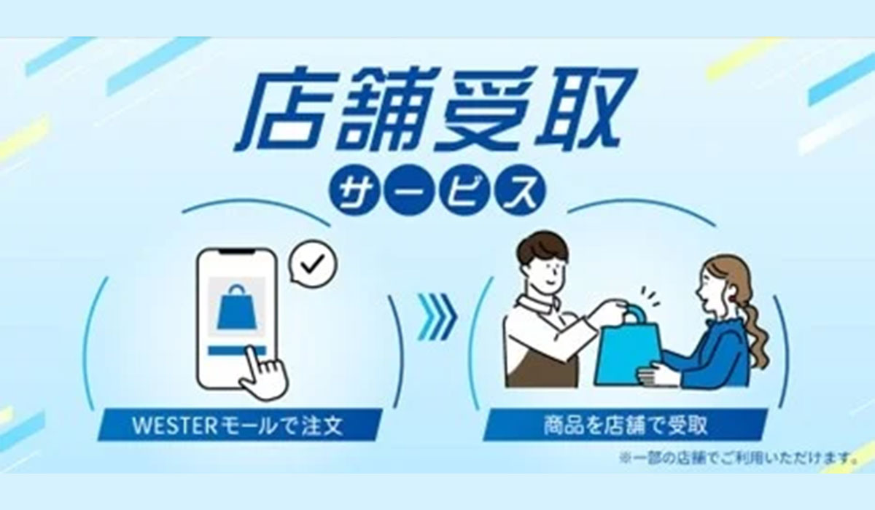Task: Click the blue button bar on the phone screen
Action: pyautogui.click(x=236, y=350)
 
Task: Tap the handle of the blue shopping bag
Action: pyautogui.click(x=631, y=316)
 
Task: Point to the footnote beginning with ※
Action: pyautogui.click(x=738, y=458)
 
